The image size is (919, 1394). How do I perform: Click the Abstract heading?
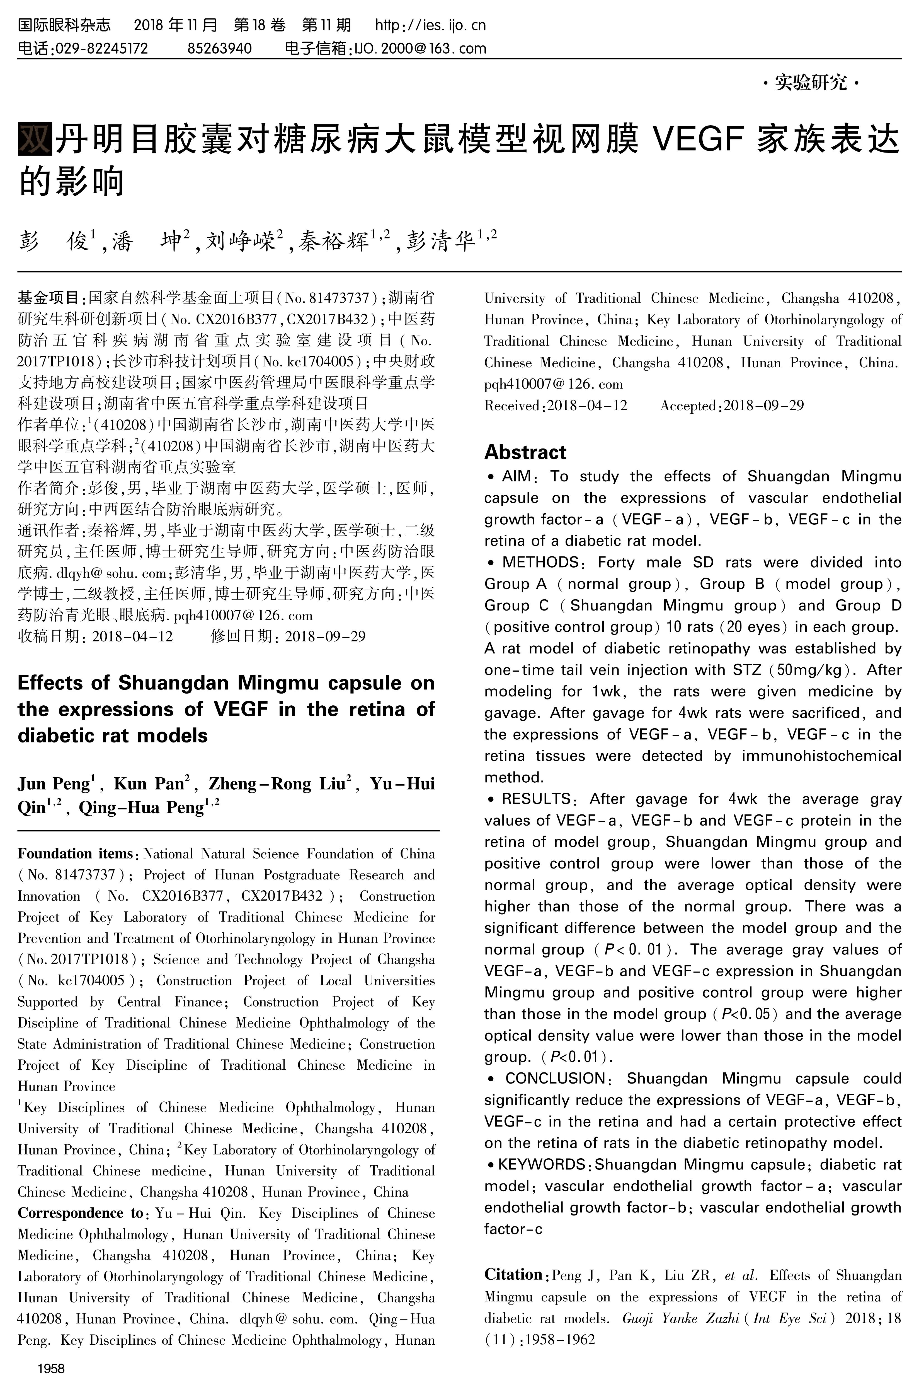point(525,452)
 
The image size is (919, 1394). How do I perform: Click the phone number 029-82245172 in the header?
point(101,49)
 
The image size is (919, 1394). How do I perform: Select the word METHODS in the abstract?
point(540,562)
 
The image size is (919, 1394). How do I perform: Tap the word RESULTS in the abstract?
point(536,799)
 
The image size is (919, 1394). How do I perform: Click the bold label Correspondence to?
point(80,1213)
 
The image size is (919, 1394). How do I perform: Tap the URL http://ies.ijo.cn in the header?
point(430,25)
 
